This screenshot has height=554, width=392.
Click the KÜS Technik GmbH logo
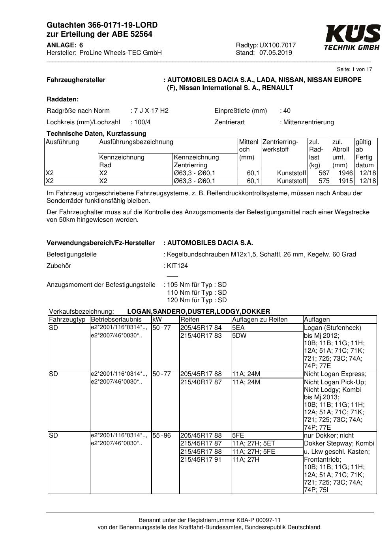pyautogui.click(x=352, y=37)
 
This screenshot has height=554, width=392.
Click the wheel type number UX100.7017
pyautogui.click(x=278, y=45)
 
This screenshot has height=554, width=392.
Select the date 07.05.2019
pyautogui.click(x=276, y=53)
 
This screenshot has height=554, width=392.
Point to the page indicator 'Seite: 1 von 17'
pyautogui.click(x=354, y=69)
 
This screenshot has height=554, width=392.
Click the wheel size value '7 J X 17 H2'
pyautogui.click(x=151, y=111)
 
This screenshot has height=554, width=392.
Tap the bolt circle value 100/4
pyautogui.click(x=143, y=122)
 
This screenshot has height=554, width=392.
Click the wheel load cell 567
pyautogui.click(x=324, y=173)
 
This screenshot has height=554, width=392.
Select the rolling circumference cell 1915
pyautogui.click(x=345, y=181)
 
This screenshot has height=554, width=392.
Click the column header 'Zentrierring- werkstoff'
pyautogui.click(x=280, y=146)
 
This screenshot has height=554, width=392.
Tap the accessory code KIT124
pyautogui.click(x=178, y=266)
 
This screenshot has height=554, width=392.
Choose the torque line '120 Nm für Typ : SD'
pyautogui.click(x=197, y=300)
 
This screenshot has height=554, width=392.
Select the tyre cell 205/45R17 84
pyautogui.click(x=201, y=328)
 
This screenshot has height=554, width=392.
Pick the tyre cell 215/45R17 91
pyautogui.click(x=201, y=460)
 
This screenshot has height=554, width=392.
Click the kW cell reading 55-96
pyautogui.click(x=161, y=436)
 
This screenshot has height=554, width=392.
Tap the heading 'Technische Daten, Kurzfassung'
pyautogui.click(x=96, y=134)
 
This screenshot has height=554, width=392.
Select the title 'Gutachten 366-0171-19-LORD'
pyautogui.click(x=102, y=25)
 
